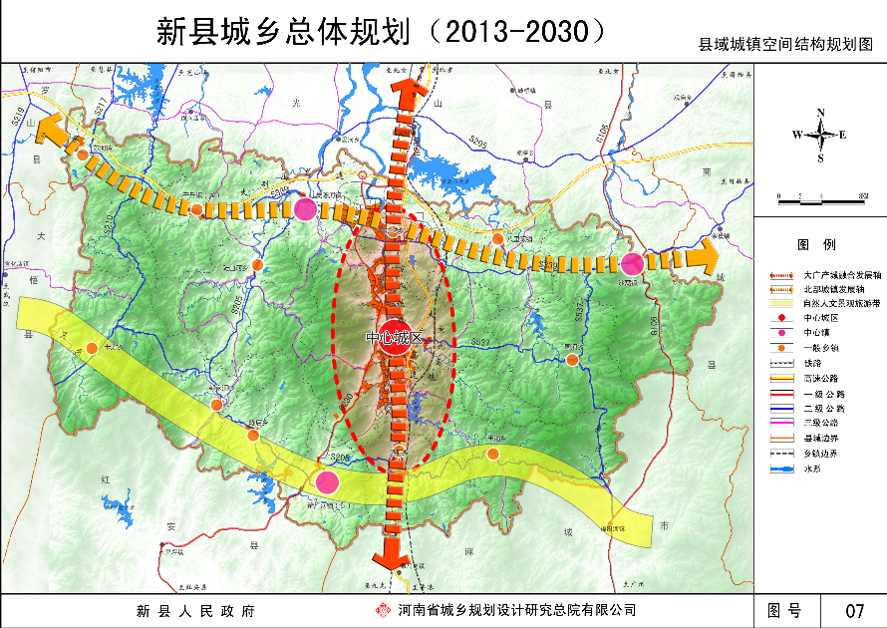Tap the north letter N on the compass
click(820, 113)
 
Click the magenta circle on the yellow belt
click(327, 482)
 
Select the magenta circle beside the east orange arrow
click(632, 264)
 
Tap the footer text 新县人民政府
click(195, 610)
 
